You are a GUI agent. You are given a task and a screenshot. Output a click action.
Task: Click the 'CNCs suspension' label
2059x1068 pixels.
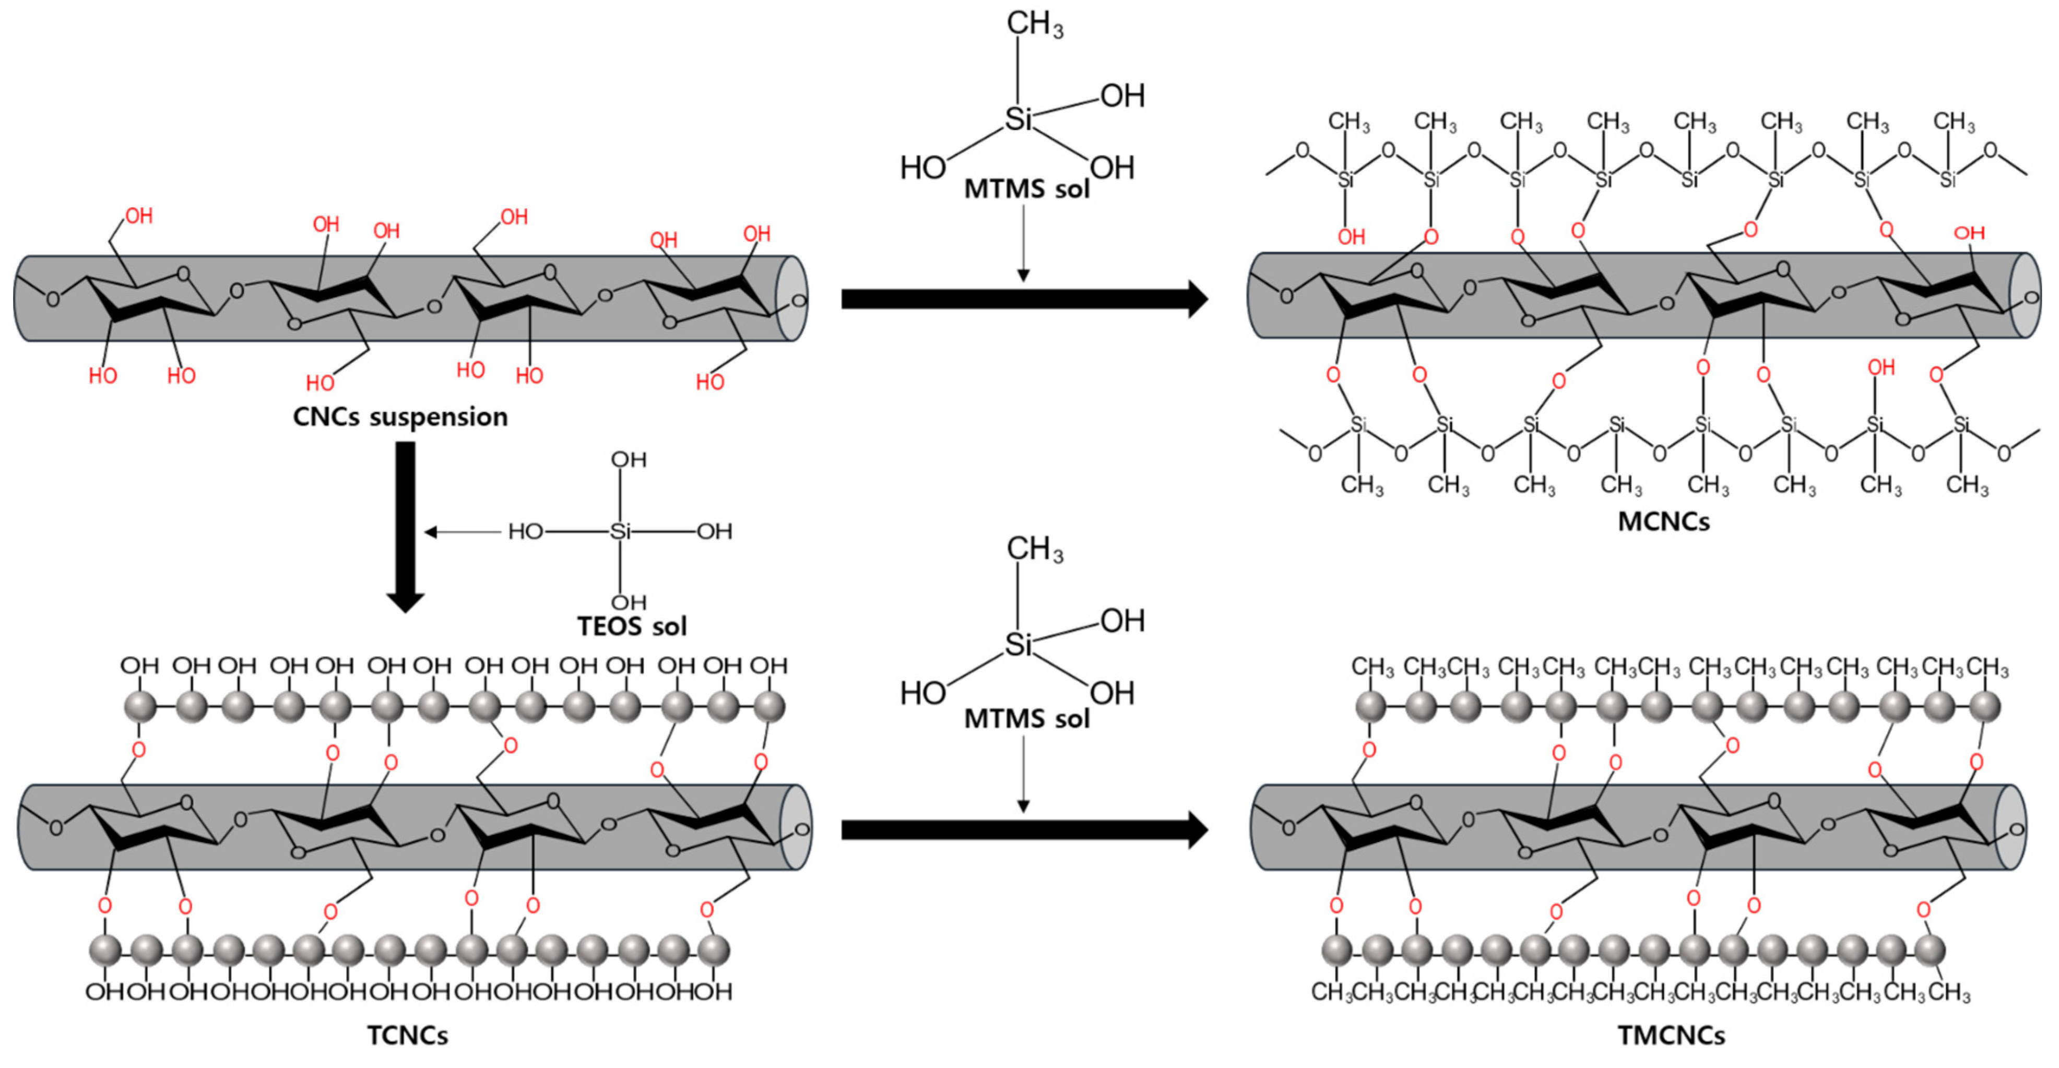(400, 417)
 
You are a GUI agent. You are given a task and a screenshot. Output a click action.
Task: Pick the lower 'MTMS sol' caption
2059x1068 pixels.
(1026, 719)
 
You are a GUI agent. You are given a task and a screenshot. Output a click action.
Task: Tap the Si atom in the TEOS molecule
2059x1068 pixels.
(620, 531)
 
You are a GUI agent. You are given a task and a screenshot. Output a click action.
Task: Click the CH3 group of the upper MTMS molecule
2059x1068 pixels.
(1034, 24)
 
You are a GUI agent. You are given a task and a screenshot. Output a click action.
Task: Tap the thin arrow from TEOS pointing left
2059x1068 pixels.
(464, 531)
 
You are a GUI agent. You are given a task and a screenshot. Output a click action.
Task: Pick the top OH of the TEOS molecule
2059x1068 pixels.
(628, 460)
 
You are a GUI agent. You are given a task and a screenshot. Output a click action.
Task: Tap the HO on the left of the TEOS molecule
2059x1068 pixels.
(525, 531)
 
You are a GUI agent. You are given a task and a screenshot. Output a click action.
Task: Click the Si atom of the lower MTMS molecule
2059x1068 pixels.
(1017, 644)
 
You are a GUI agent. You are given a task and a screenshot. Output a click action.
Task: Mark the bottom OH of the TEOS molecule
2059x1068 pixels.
(628, 602)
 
